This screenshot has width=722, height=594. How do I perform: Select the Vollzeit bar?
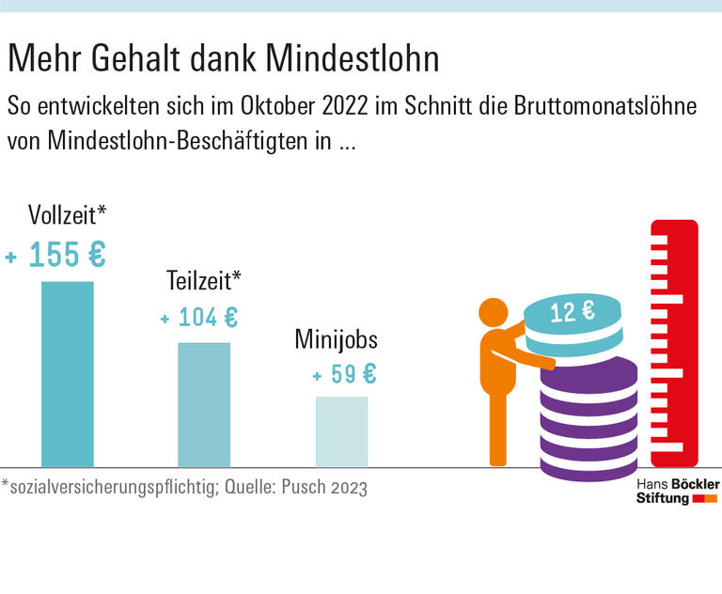(67, 373)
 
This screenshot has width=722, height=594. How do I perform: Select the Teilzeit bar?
(204, 404)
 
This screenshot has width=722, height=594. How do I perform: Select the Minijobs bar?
(341, 431)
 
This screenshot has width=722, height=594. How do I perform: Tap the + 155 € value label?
(56, 255)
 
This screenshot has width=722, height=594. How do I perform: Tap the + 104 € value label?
(199, 318)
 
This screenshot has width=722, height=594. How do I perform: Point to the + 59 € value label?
(344, 374)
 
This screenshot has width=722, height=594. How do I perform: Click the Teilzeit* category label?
(204, 280)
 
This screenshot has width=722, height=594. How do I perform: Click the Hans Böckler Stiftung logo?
(677, 490)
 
